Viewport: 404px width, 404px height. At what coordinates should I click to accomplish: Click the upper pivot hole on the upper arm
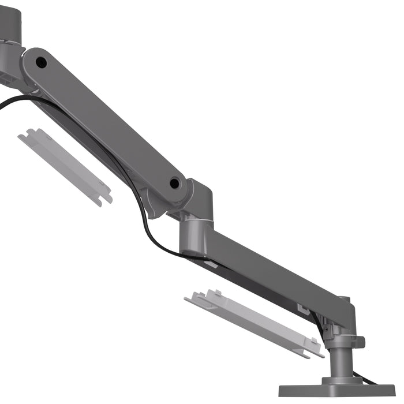(40, 60)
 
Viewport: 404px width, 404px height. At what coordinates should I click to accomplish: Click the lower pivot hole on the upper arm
(174, 184)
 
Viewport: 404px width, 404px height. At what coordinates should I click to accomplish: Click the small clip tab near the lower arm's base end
(302, 308)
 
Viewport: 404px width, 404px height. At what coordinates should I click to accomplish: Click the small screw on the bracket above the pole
(326, 330)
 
